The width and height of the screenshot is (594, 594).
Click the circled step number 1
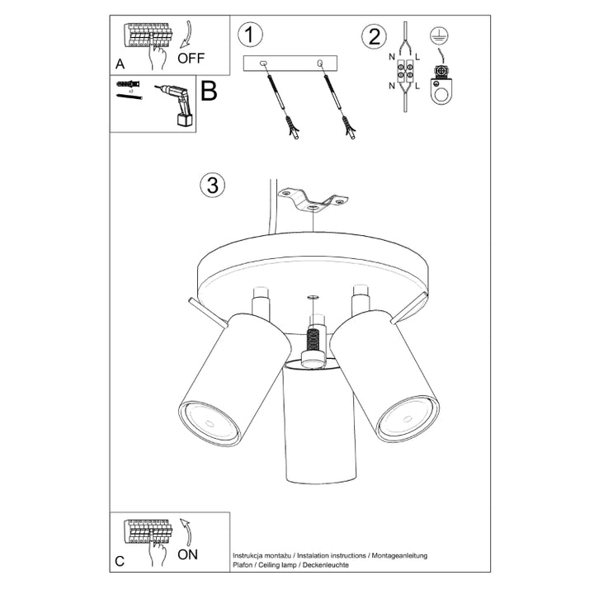(250, 35)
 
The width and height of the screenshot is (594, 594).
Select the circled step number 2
(375, 35)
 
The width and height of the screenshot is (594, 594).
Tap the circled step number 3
(213, 185)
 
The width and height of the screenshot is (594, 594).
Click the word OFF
(191, 58)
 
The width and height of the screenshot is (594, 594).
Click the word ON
(187, 554)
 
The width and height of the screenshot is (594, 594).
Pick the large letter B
(209, 91)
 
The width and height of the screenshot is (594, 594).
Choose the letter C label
(120, 562)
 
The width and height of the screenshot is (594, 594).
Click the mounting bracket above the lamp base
(313, 200)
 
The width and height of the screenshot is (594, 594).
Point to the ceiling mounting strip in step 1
(291, 64)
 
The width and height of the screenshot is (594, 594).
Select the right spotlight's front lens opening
(407, 415)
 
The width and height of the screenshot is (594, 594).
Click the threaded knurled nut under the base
(312, 339)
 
